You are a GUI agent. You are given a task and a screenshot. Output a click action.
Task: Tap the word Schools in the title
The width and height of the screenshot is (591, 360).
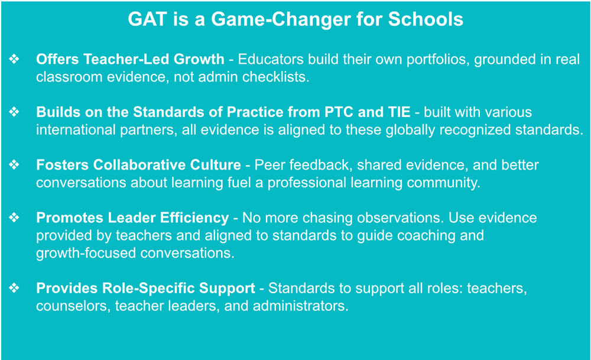click(x=426, y=19)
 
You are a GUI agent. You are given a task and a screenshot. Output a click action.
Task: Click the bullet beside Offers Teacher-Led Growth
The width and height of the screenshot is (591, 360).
click(x=14, y=59)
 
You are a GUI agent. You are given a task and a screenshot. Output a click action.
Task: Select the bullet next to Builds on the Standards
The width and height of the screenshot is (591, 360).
click(x=14, y=112)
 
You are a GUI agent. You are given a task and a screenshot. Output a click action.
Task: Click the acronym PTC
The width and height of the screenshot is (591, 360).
click(x=339, y=112)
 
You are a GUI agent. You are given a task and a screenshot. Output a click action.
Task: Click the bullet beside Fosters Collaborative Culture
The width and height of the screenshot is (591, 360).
click(x=14, y=164)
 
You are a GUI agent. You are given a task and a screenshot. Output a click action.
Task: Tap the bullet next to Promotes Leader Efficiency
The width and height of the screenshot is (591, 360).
click(x=14, y=217)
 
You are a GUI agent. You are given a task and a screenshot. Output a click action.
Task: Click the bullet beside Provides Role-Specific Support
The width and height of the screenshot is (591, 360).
click(x=14, y=288)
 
